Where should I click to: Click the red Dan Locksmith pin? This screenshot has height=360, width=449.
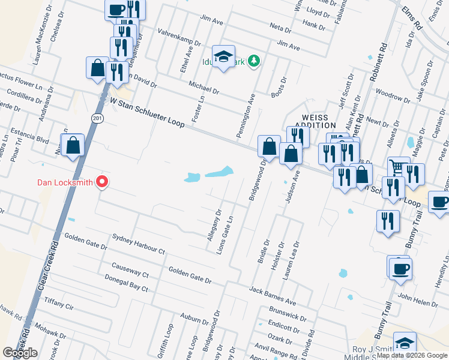pyautogui.click(x=102, y=181)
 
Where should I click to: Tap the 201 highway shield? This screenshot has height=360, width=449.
pyautogui.click(x=97, y=119)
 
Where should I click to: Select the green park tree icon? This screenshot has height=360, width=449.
pyautogui.click(x=255, y=60)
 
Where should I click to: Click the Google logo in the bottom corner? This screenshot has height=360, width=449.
pyautogui.click(x=20, y=353)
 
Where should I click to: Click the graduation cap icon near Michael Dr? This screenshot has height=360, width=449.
pyautogui.click(x=224, y=57)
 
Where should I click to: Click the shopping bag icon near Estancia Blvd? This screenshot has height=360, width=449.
pyautogui.click(x=73, y=145)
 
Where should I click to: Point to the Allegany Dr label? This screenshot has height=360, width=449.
pyautogui.click(x=214, y=225)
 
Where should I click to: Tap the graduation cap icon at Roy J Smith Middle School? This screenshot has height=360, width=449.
pyautogui.click(x=405, y=343)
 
